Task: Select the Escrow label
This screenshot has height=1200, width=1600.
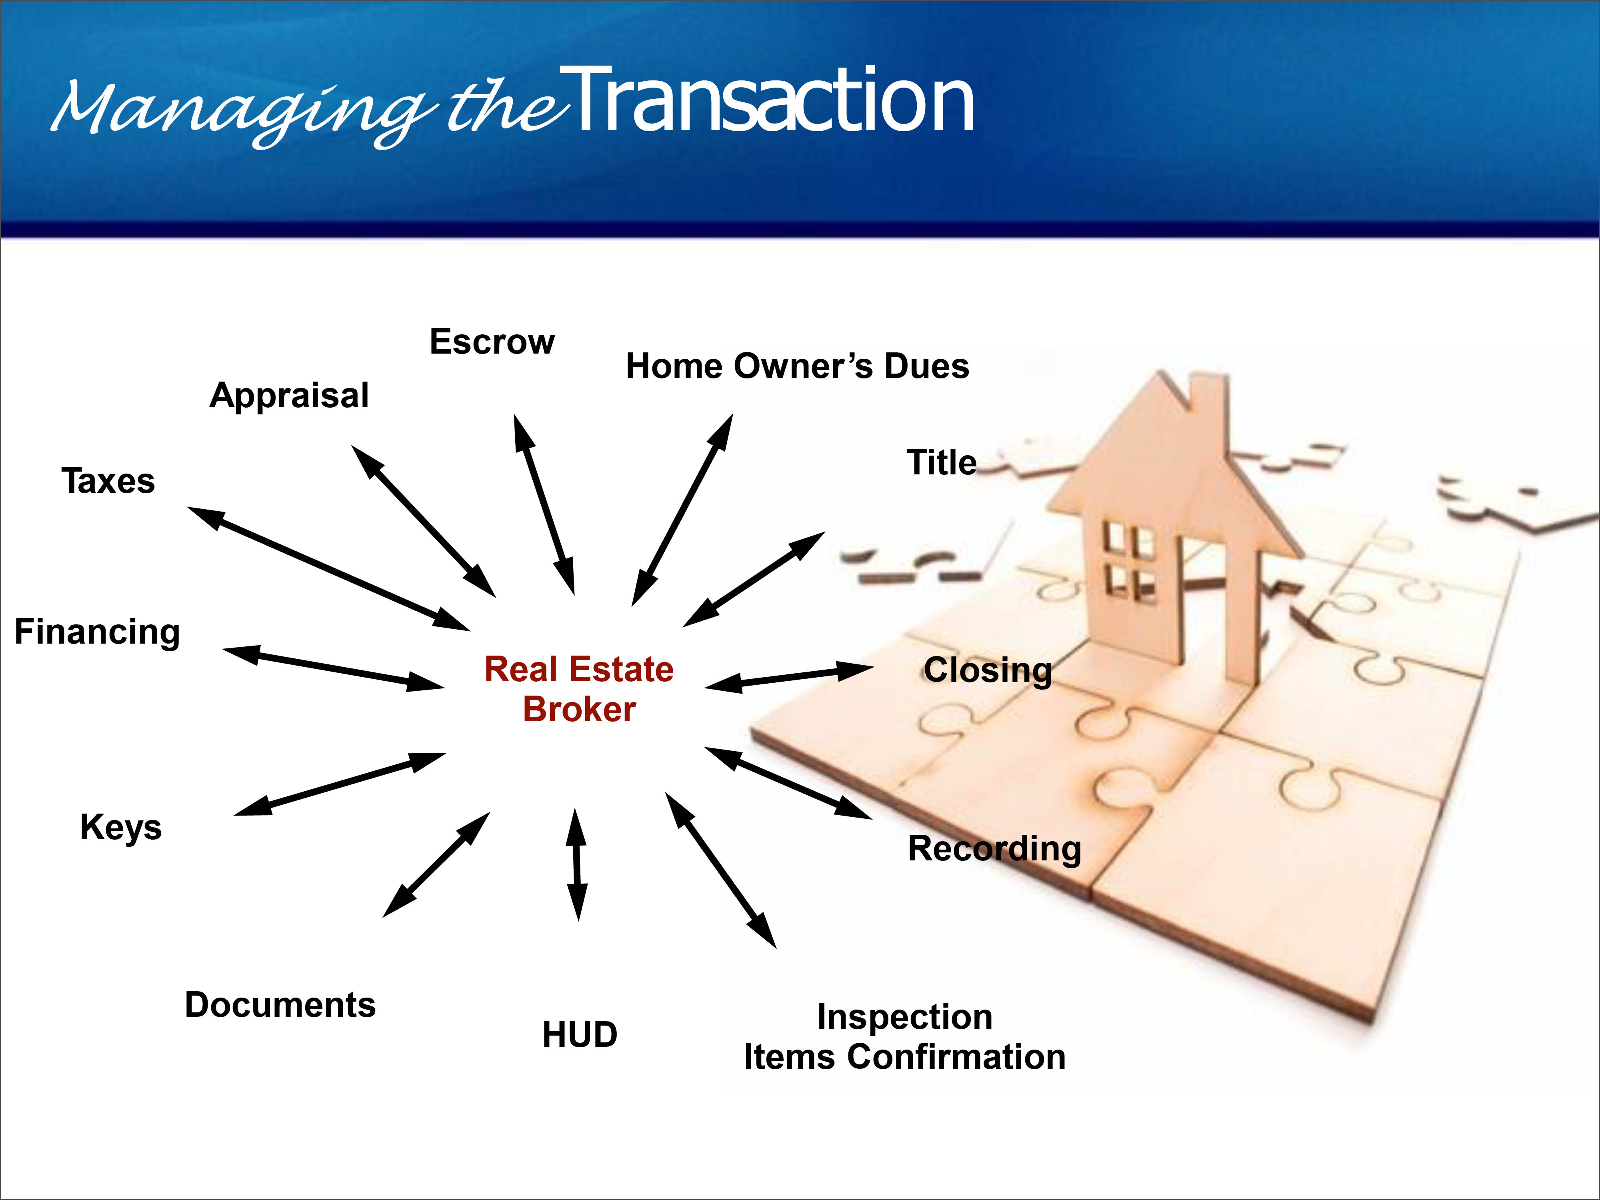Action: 492,342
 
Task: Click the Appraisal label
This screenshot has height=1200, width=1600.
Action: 289,396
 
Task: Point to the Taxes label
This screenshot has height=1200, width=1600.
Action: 108,481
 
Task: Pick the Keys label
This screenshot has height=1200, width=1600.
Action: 121,828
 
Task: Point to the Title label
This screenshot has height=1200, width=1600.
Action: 942,462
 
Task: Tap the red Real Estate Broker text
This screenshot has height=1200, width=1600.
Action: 579,689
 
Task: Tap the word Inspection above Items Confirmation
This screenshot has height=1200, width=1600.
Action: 905,1018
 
